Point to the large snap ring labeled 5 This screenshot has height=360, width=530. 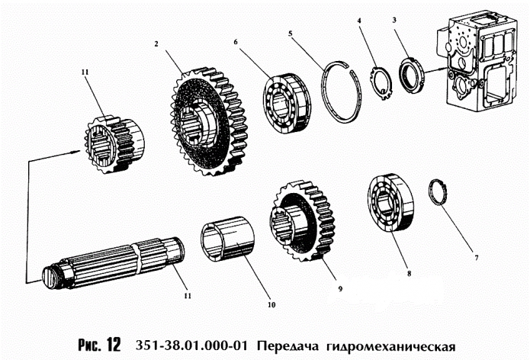click(x=344, y=90)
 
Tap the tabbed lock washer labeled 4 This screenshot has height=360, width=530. click(x=379, y=85)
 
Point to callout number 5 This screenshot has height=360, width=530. click(x=291, y=33)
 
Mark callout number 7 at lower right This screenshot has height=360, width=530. click(x=477, y=258)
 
